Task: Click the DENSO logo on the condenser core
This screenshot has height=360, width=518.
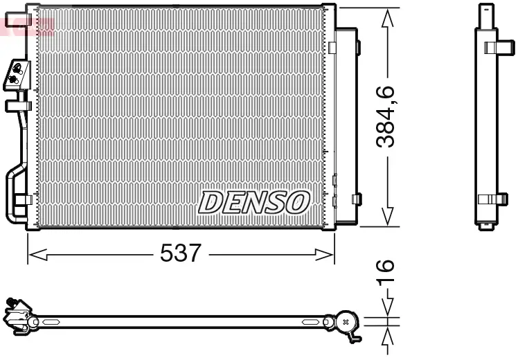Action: click(253, 201)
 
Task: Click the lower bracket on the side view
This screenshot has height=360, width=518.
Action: click(493, 199)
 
